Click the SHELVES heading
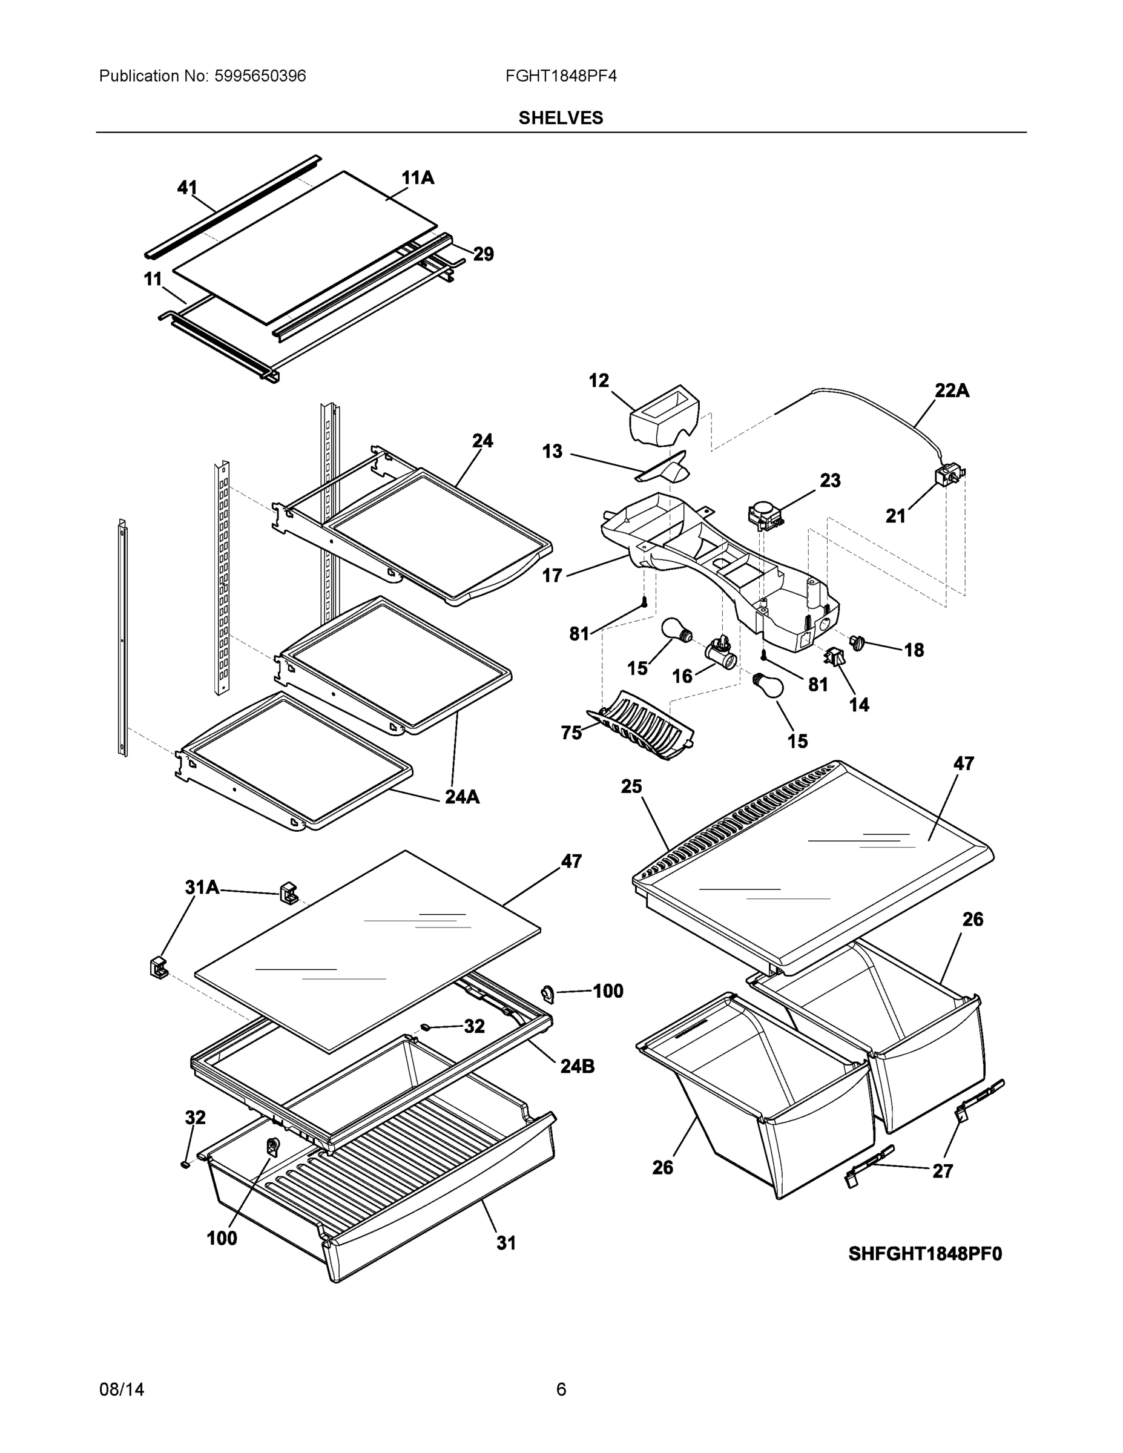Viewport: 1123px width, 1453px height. pos(561,118)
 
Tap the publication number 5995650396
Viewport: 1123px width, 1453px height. pos(260,76)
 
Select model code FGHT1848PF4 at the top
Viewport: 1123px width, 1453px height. pos(561,76)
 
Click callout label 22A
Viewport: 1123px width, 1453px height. pos(951,390)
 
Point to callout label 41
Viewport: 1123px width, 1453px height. pos(187,188)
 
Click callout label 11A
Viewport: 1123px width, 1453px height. pos(418,177)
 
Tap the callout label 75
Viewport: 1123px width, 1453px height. pos(571,733)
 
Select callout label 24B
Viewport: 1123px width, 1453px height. pos(577,1067)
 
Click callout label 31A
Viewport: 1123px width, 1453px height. pos(202,887)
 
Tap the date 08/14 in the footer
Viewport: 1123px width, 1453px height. pos(121,1389)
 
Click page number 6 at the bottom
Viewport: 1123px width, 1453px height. pos(561,1389)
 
